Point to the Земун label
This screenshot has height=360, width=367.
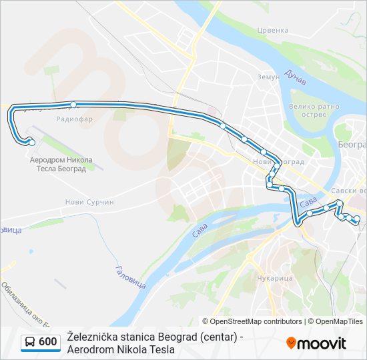pyautogui.click(x=268, y=77)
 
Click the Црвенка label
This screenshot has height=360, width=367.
pyautogui.click(x=273, y=30)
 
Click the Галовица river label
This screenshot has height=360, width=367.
pyautogui.click(x=130, y=276)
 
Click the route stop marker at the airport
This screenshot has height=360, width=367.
pyautogui.click(x=31, y=141)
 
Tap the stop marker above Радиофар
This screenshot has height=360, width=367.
pyautogui.click(x=73, y=105)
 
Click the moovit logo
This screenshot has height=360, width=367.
pyautogui.click(x=316, y=343)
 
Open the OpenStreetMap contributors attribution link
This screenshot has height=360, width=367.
pyautogui.click(x=256, y=321)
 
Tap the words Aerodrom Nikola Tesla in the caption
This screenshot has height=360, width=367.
pyautogui.click(x=121, y=349)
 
